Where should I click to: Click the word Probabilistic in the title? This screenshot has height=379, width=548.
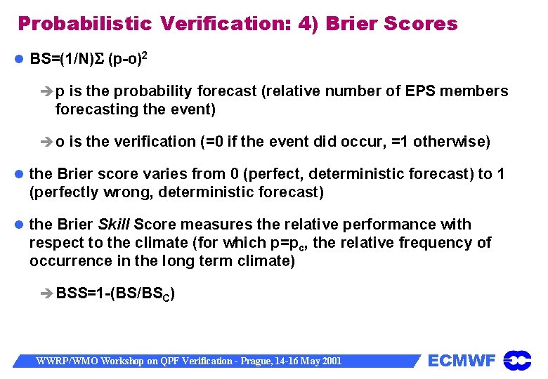[x=84, y=24]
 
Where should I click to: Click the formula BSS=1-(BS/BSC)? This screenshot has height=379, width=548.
[x=115, y=293]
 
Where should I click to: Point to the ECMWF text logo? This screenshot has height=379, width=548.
[x=462, y=361]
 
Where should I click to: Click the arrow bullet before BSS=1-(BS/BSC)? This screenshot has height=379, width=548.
[x=48, y=293]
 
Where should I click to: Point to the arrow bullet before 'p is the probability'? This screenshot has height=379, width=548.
[x=48, y=92]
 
